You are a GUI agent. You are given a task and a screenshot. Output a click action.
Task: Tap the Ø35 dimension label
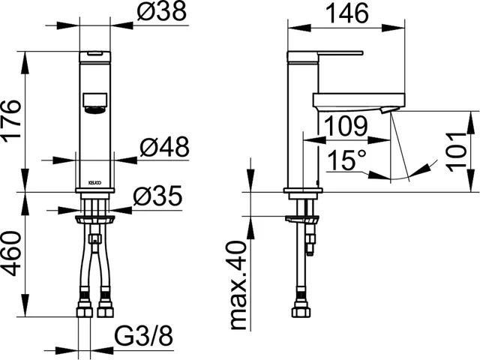click(x=157, y=196)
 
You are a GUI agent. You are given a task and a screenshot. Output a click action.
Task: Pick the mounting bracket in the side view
click(x=304, y=220)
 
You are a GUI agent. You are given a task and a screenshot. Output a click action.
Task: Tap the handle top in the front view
click(x=94, y=55)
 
